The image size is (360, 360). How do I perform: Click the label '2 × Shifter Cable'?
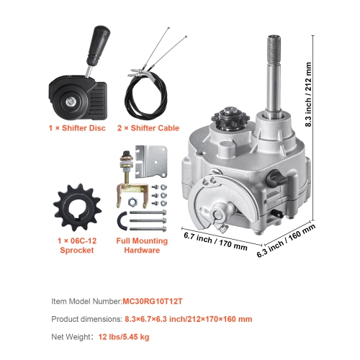tap(148, 128)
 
